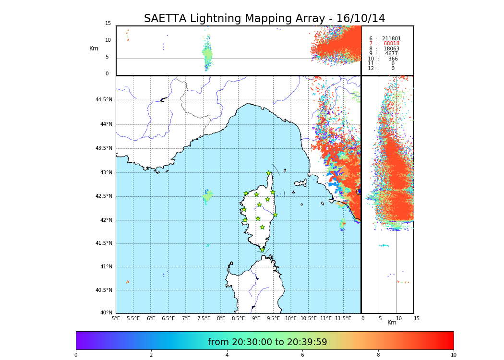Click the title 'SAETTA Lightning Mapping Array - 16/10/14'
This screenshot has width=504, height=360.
point(264,19)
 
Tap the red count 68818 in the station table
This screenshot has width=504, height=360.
point(391,44)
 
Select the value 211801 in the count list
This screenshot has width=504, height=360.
point(391,39)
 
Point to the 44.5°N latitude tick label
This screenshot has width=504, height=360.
point(104,100)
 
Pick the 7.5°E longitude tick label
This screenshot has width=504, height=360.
point(204,319)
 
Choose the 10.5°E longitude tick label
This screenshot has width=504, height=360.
point(309,319)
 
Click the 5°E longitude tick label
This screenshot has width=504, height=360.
point(116,319)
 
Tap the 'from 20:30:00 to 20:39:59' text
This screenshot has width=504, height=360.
point(267,342)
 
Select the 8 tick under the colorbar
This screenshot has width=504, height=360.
point(378,355)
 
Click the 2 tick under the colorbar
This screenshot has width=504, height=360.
point(151,355)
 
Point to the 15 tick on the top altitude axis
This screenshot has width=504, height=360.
point(108,24)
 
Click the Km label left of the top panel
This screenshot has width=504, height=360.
point(94,48)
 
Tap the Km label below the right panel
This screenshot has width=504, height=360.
point(392,323)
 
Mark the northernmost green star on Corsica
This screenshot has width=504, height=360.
point(269,173)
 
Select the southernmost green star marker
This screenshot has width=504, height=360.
point(262,250)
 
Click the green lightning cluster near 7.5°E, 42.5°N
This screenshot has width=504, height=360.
point(207,196)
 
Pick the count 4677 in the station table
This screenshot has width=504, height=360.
point(391,54)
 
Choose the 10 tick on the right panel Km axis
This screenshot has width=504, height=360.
point(399,319)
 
